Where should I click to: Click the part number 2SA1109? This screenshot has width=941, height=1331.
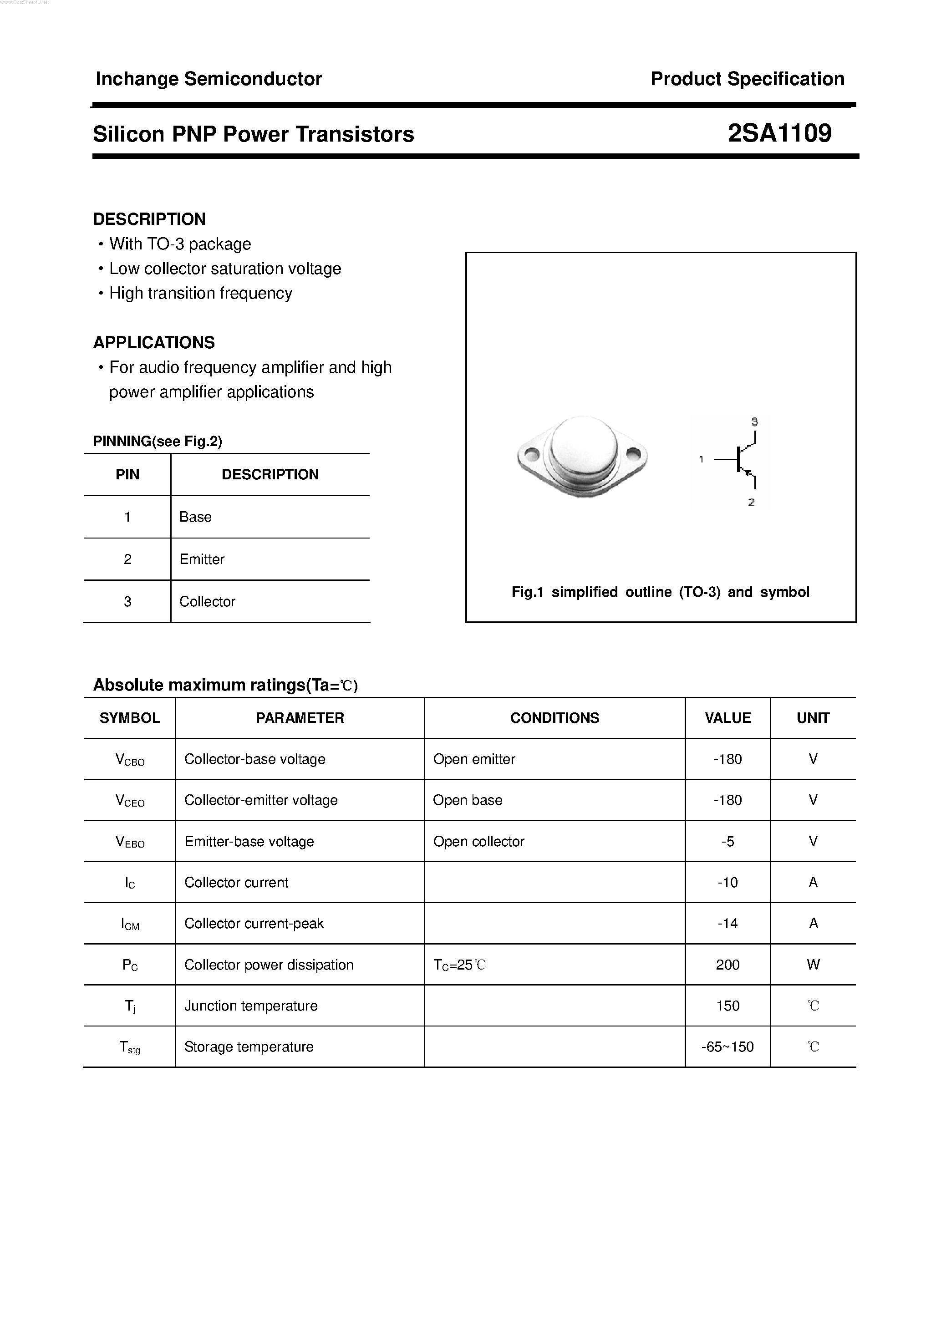[x=779, y=133]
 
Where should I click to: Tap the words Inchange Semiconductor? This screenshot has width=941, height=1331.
[x=208, y=79]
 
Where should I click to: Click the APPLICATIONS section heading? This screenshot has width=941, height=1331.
[x=153, y=343]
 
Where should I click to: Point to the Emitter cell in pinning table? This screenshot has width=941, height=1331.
[x=202, y=559]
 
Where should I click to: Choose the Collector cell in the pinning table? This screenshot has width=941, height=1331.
[x=207, y=602]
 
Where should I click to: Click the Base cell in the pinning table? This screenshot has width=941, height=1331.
[x=195, y=517]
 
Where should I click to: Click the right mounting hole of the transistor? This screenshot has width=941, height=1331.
[x=633, y=453]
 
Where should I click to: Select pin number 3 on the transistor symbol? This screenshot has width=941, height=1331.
[x=754, y=422]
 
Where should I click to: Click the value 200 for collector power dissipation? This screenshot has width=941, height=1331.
[x=727, y=965]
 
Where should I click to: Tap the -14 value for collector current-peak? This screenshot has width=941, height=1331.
[x=727, y=924]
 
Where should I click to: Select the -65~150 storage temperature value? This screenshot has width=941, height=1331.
[x=727, y=1047]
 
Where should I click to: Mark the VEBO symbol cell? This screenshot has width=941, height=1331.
[x=130, y=842]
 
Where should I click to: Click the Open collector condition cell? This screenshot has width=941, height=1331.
[x=478, y=842]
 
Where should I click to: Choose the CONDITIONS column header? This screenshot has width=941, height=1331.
[x=554, y=718]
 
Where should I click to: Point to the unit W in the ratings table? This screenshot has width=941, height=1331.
[x=813, y=965]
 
